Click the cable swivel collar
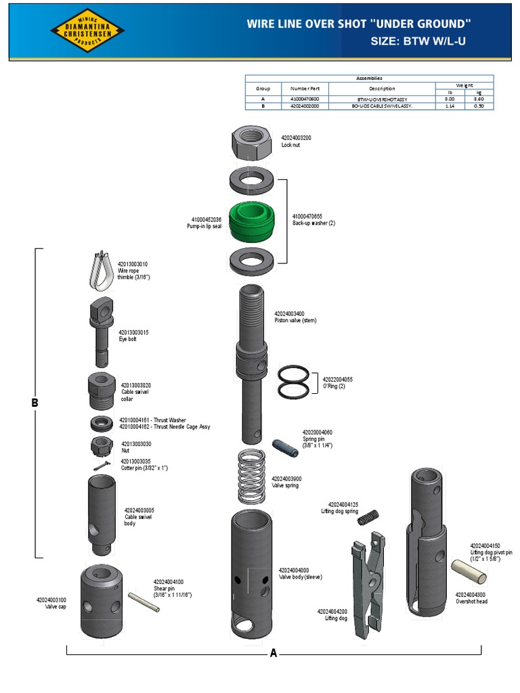click(x=102, y=390)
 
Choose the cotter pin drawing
click(x=102, y=466)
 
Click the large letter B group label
click(x=35, y=403)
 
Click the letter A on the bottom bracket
click(x=274, y=654)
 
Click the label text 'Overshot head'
click(x=471, y=601)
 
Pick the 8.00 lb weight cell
click(x=448, y=99)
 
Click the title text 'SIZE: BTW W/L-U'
click(x=418, y=41)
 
